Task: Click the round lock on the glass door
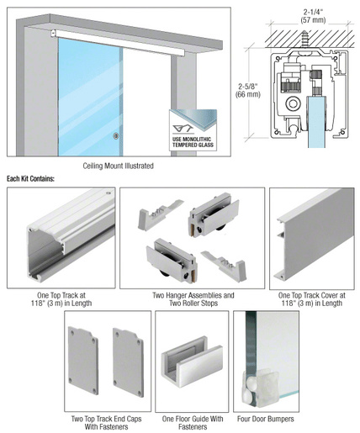(x=115, y=136)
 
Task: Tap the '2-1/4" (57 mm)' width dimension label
(x=313, y=16)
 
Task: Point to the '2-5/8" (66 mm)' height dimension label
(x=248, y=90)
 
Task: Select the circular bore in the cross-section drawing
(x=294, y=104)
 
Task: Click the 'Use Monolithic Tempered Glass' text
(x=193, y=142)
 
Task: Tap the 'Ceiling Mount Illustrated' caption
(x=118, y=166)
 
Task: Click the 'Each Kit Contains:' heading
(x=30, y=178)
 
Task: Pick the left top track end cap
(x=83, y=361)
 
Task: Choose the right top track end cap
(x=128, y=362)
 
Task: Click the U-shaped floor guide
(x=192, y=362)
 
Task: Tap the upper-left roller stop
(x=160, y=214)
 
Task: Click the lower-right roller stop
(x=224, y=265)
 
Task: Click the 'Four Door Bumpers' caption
(x=266, y=419)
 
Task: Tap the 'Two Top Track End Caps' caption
(x=106, y=419)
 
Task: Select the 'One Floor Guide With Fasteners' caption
(x=193, y=423)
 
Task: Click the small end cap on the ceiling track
(x=53, y=34)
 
